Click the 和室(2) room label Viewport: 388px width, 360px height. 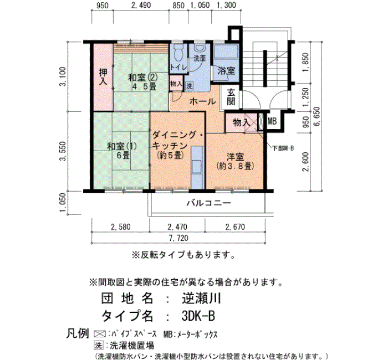[143, 78]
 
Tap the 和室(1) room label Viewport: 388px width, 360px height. [122, 146]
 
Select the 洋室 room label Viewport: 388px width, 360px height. [236, 157]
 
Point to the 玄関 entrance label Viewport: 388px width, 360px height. [231, 97]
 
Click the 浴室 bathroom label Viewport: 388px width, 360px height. [226, 71]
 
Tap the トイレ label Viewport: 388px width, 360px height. [178, 67]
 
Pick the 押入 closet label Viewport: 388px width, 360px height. [103, 77]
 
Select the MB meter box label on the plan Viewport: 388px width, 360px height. [272, 121]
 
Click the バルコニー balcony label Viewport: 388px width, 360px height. [208, 203]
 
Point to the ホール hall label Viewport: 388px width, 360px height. [202, 101]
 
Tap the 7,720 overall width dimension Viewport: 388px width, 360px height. [178, 238]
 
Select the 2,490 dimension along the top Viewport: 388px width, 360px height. [141, 5]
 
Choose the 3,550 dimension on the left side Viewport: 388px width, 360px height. [63, 151]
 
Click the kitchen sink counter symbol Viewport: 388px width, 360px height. [197, 167]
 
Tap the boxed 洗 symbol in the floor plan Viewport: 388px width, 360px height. [190, 86]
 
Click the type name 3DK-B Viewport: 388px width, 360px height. [198, 316]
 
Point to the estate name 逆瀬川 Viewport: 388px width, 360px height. [201, 299]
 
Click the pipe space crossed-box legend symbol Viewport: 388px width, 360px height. [100, 334]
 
